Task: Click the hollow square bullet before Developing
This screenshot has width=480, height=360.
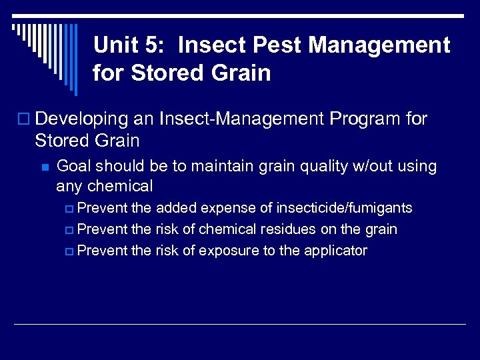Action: click(x=25, y=119)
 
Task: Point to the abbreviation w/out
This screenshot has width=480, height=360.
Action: click(x=368, y=167)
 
